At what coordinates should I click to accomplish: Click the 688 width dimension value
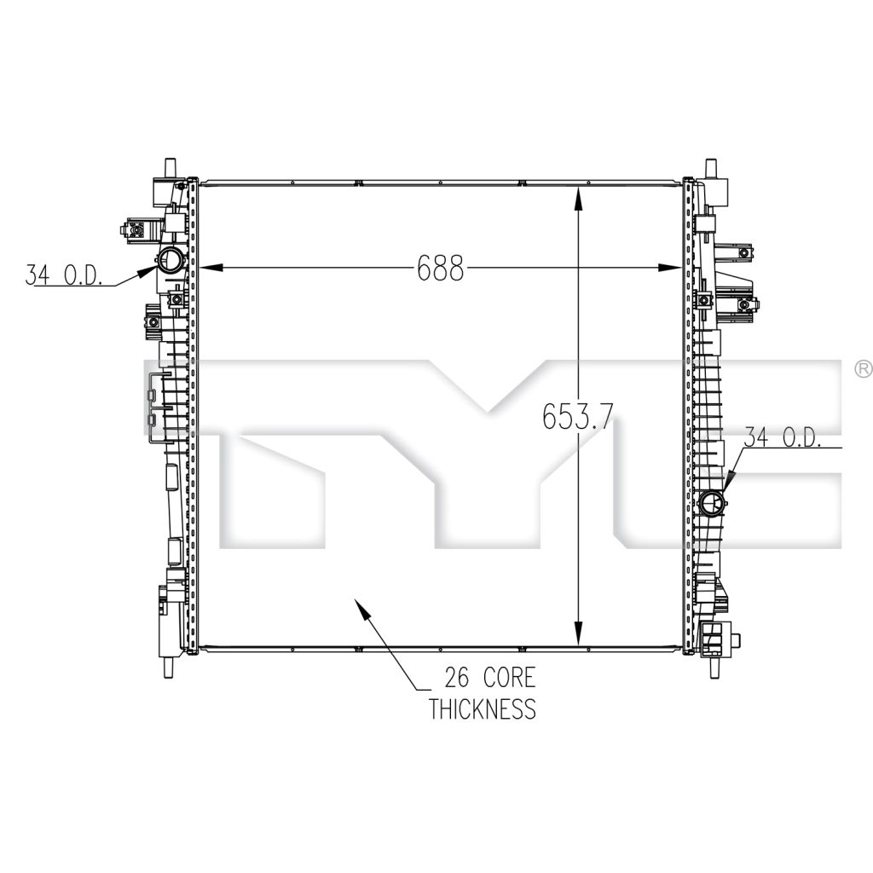click(440, 268)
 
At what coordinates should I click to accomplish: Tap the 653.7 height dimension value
click(577, 416)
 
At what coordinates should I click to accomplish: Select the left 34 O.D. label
click(63, 275)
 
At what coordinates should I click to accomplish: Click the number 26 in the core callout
click(458, 678)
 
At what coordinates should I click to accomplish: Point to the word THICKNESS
click(483, 708)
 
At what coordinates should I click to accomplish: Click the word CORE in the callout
click(509, 678)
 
